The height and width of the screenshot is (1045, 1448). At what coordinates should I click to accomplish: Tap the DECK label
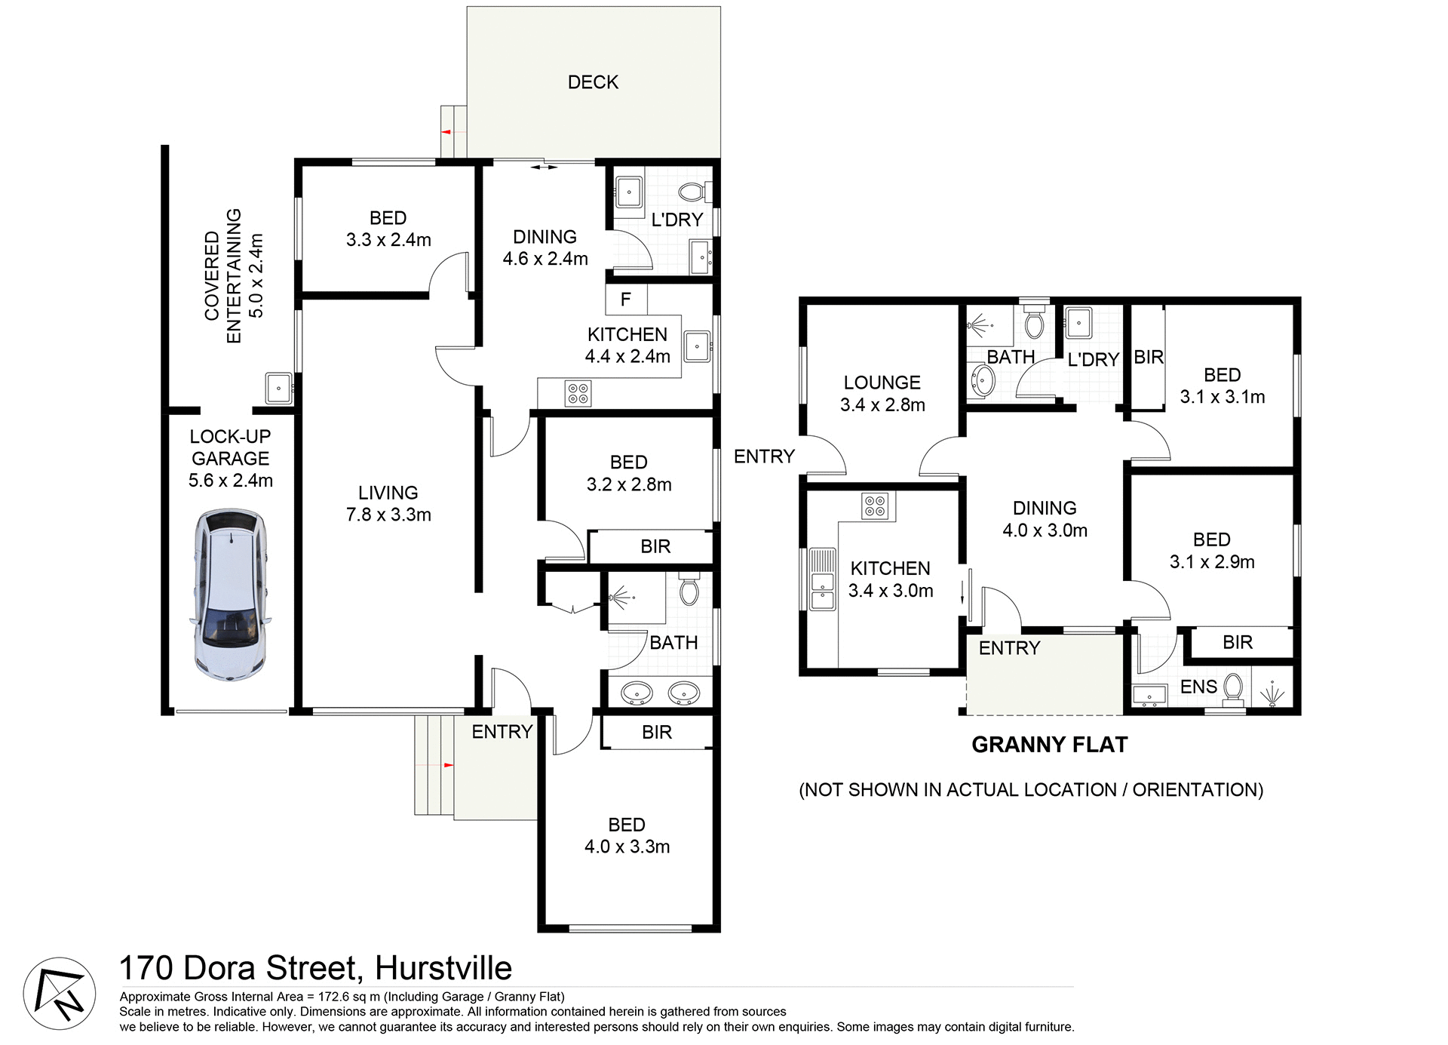(593, 82)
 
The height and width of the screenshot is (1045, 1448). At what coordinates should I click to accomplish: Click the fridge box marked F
(625, 300)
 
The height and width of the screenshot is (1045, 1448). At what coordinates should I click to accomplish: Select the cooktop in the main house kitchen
(578, 393)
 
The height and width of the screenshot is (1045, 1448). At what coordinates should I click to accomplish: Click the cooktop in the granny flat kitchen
(875, 506)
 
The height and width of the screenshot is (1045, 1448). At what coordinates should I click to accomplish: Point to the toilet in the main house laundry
(692, 192)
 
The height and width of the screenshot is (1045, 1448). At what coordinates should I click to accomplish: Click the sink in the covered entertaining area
(278, 389)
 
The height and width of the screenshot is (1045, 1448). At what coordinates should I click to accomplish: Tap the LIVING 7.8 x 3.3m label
(388, 504)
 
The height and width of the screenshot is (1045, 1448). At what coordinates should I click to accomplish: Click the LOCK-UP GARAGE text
(230, 447)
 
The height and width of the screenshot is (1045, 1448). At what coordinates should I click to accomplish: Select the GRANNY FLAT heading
(1049, 745)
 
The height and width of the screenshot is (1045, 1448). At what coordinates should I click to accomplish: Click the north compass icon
(60, 994)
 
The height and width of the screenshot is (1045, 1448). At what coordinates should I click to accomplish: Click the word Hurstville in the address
(443, 968)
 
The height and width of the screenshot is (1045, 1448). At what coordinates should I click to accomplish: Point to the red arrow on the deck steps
(446, 132)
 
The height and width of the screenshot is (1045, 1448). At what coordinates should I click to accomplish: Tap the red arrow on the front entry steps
(448, 765)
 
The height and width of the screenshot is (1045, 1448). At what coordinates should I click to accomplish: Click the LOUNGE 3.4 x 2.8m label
(882, 394)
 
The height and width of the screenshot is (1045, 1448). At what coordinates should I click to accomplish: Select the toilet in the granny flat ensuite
(1232, 688)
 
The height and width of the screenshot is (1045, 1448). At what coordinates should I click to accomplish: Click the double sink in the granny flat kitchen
(822, 579)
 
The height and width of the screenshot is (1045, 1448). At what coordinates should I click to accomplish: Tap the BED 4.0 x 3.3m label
(627, 835)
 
